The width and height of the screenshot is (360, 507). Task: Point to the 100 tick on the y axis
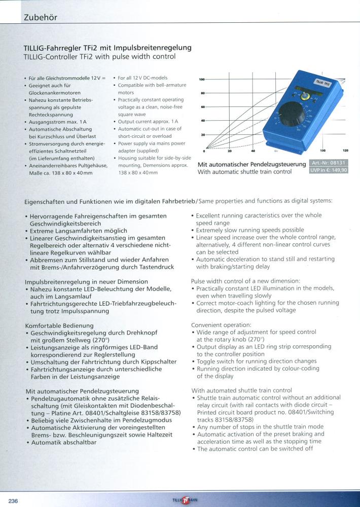(202, 80)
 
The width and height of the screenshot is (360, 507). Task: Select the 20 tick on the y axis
(202, 135)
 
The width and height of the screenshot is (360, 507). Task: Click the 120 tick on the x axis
(345, 151)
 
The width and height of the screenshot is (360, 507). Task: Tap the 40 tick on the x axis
(253, 151)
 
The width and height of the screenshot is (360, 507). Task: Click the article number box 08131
(328, 163)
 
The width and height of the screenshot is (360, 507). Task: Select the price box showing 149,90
(328, 171)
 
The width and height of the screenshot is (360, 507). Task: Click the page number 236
(13, 501)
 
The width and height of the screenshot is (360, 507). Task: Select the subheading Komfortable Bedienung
(59, 325)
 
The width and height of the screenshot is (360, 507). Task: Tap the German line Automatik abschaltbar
(63, 442)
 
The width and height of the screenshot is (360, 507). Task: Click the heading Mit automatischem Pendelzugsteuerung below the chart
(251, 164)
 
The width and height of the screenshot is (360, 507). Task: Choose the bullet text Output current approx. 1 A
(148, 122)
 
